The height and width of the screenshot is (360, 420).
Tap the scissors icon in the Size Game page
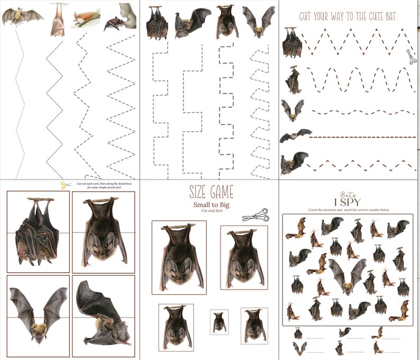(x=255, y=215)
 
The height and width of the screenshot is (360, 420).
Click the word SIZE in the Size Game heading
(x=199, y=192)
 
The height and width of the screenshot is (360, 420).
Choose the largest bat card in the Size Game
(x=179, y=257)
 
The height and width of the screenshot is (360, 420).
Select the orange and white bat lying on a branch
(x=86, y=21)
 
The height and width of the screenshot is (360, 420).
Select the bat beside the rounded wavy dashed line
(x=293, y=79)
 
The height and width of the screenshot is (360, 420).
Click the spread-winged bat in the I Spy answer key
(x=300, y=348)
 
